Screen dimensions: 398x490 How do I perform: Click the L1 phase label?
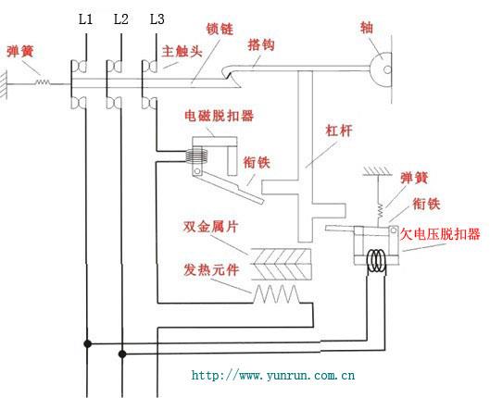tap(86, 19)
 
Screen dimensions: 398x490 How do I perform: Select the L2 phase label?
tap(120, 19)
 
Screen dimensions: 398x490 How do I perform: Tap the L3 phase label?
tap(157, 19)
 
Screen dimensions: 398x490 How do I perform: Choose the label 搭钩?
tap(261, 43)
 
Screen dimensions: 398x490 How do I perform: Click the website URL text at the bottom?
tap(273, 376)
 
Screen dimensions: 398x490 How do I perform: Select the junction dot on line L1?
tap(88, 343)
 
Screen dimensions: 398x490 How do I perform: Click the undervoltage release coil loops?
tap(375, 260)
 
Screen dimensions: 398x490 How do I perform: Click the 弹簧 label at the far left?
tap(21, 51)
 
